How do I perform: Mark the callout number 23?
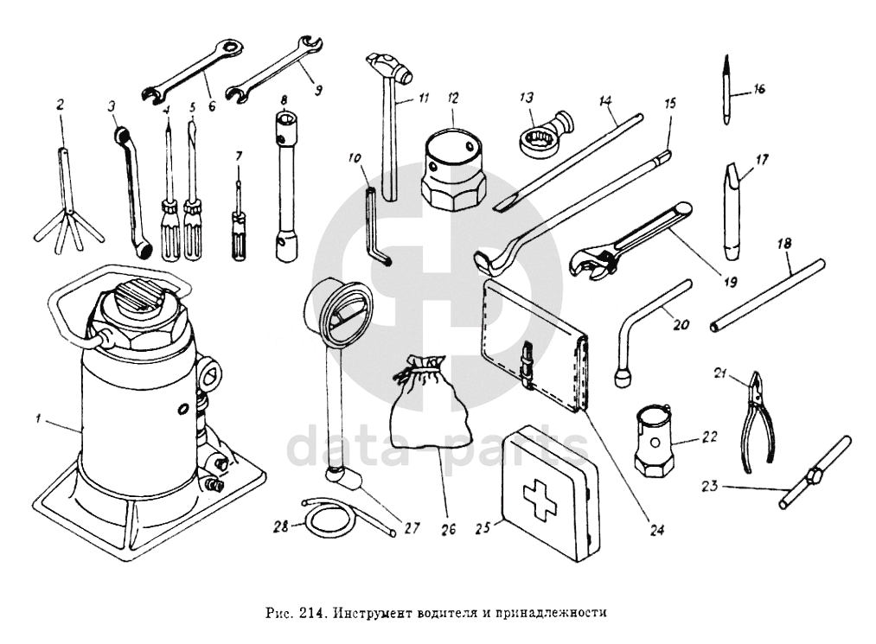tap(709, 487)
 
